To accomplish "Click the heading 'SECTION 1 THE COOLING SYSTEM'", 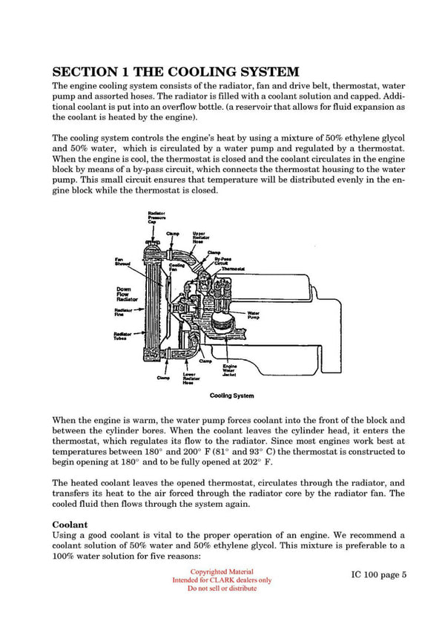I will pyautogui.click(x=175, y=72).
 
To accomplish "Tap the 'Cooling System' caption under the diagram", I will pyautogui.click(x=232, y=396).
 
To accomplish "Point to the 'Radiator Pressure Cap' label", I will pyautogui.click(x=156, y=217).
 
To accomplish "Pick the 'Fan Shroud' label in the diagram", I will pyautogui.click(x=122, y=262).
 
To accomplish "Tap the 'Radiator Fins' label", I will pyautogui.click(x=123, y=312).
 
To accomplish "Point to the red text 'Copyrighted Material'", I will pyautogui.click(x=222, y=571).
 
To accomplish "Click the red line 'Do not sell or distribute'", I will pyautogui.click(x=222, y=588).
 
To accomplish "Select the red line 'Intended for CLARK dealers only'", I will pyautogui.click(x=222, y=580).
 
